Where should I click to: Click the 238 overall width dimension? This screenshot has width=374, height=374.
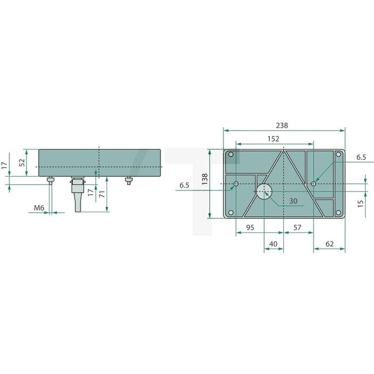(x=281, y=125)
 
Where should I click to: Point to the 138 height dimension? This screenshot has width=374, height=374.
(x=204, y=181)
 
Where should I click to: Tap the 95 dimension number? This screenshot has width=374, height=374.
(x=250, y=228)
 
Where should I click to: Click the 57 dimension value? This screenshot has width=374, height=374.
(x=297, y=228)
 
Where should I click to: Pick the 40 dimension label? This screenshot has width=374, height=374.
(x=273, y=244)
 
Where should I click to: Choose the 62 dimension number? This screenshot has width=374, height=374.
(x=330, y=244)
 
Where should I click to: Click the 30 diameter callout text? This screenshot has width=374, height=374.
(x=293, y=201)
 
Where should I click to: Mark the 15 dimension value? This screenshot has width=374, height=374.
(x=361, y=204)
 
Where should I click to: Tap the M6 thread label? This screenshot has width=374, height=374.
(x=39, y=207)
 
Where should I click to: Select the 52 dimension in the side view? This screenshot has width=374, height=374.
(x=22, y=163)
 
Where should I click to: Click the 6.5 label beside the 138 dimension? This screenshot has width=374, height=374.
(x=184, y=185)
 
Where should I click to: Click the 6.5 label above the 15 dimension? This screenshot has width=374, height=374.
(x=361, y=157)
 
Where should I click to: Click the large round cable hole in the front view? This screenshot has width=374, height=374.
(x=264, y=192)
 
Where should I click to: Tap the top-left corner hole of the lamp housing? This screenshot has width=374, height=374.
(x=231, y=155)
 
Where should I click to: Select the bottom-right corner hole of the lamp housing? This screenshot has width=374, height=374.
(x=338, y=213)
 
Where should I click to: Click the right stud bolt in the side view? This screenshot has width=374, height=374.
(x=127, y=181)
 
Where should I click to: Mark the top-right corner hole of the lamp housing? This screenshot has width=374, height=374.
(x=338, y=155)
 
